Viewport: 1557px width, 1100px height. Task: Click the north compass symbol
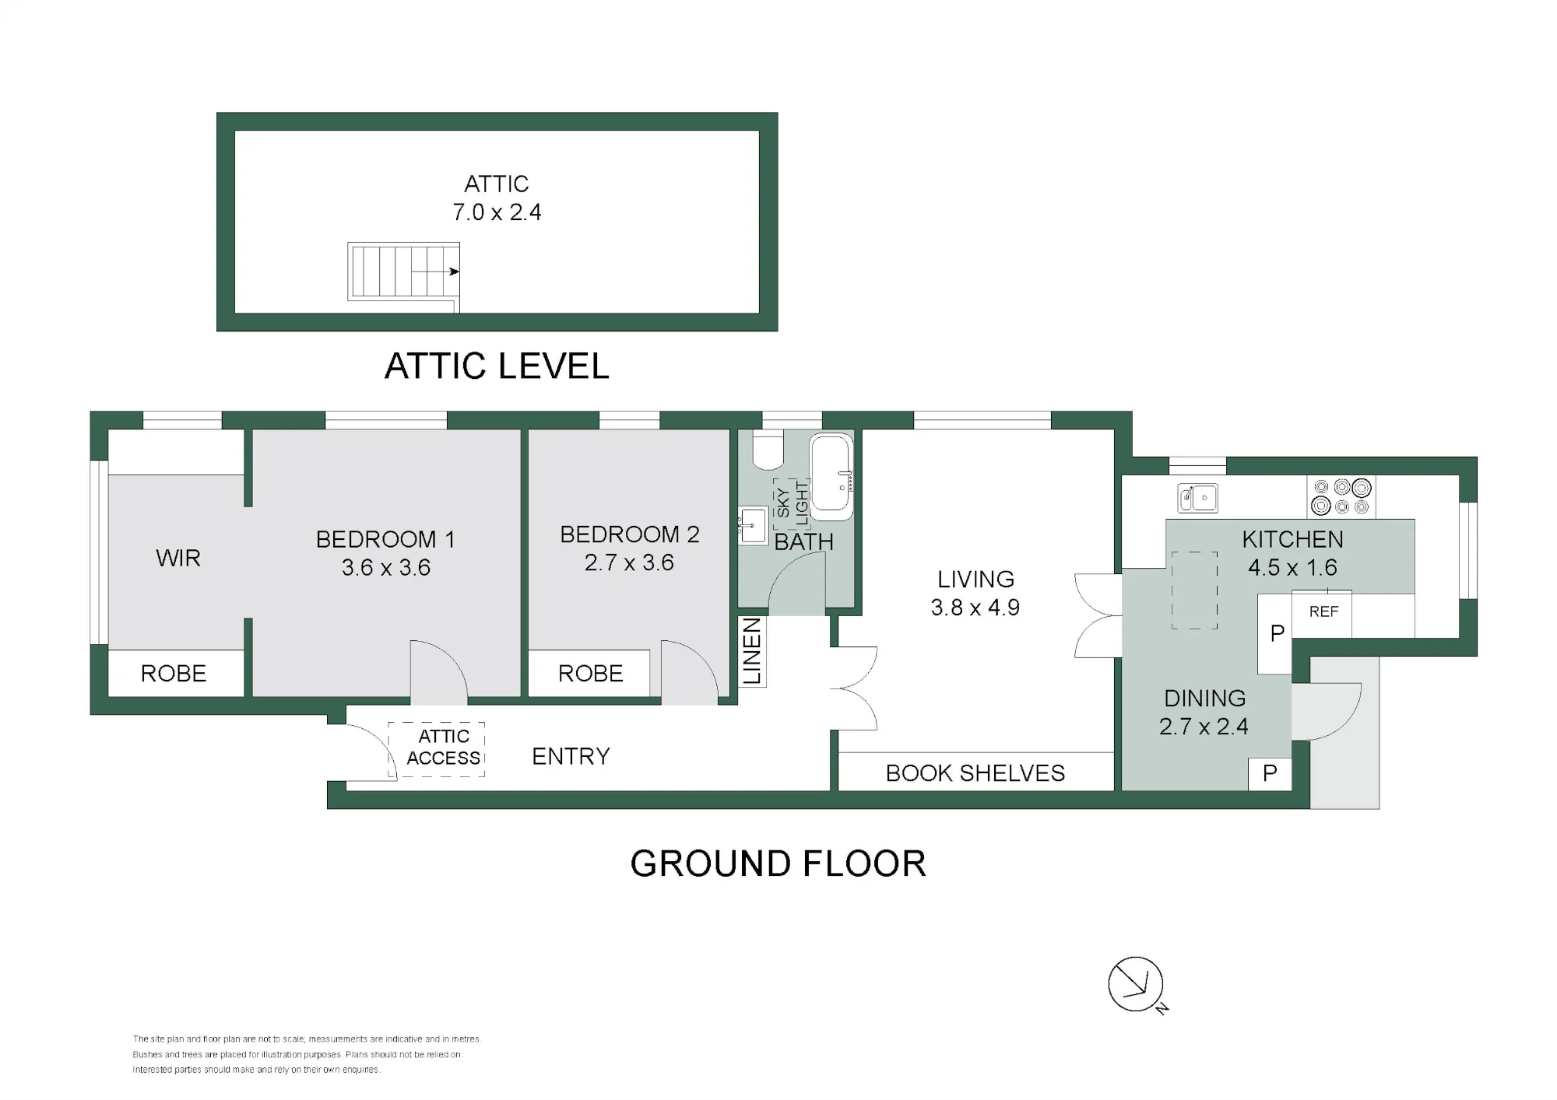pyautogui.click(x=1136, y=984)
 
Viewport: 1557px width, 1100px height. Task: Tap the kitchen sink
pyautogui.click(x=1198, y=497)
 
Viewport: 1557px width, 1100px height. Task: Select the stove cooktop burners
pyautogui.click(x=1341, y=496)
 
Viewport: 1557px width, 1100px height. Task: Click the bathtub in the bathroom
pyautogui.click(x=831, y=477)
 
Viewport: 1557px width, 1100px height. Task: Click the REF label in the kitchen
pyautogui.click(x=1323, y=611)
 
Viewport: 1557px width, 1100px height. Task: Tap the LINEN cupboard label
pyautogui.click(x=752, y=651)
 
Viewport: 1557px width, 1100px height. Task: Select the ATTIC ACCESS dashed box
pyautogui.click(x=437, y=749)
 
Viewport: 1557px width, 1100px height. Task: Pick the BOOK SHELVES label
pyautogui.click(x=975, y=772)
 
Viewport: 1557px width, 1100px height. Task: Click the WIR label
pyautogui.click(x=178, y=558)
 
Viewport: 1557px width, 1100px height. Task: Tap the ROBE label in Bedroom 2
pyautogui.click(x=591, y=673)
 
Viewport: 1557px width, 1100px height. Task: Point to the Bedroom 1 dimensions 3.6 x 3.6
pyautogui.click(x=386, y=567)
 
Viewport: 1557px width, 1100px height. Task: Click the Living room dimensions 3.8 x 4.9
pyautogui.click(x=975, y=607)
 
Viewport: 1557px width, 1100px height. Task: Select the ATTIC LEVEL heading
pyautogui.click(x=497, y=366)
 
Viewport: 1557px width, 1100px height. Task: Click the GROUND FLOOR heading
pyautogui.click(x=778, y=864)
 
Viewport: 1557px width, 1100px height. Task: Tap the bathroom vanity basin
pyautogui.click(x=752, y=525)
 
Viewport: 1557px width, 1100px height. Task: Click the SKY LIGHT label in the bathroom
pyautogui.click(x=793, y=503)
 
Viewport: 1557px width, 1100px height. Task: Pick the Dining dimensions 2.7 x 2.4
pyautogui.click(x=1204, y=726)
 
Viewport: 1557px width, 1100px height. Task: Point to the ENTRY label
pyautogui.click(x=571, y=756)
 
